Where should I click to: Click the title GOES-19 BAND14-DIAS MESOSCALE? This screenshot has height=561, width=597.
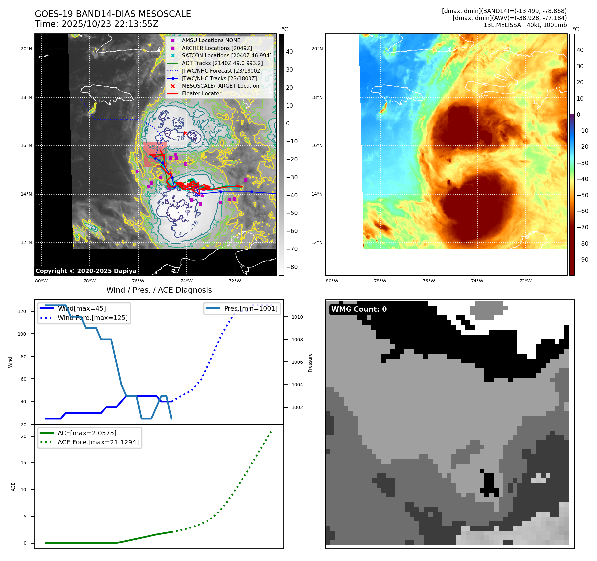113,14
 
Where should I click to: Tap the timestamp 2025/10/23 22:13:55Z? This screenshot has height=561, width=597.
110,24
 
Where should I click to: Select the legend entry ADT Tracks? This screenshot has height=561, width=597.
222,63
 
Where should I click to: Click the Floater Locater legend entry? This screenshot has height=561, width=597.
201,94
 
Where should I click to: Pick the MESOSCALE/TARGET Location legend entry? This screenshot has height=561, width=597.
220,86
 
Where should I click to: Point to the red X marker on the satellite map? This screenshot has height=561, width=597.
185,133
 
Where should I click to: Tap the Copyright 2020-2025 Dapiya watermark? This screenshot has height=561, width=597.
86,271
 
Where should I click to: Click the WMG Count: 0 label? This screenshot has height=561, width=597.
359,309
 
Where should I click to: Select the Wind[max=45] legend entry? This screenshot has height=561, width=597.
82,308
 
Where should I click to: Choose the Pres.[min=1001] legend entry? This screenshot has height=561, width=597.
250,308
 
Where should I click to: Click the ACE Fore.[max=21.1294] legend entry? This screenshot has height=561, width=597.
98,442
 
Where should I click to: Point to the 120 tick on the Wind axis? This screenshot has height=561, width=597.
22,311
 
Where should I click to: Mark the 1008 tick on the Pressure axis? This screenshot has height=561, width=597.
297,340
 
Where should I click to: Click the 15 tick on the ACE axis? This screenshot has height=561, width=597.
23,463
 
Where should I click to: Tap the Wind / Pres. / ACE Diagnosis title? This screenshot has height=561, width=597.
159,290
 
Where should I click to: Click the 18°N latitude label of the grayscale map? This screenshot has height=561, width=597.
27,98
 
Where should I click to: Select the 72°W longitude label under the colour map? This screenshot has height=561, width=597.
525,281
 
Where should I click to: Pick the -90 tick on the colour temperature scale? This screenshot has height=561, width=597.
582,260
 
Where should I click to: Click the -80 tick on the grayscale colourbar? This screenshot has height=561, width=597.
292,267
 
